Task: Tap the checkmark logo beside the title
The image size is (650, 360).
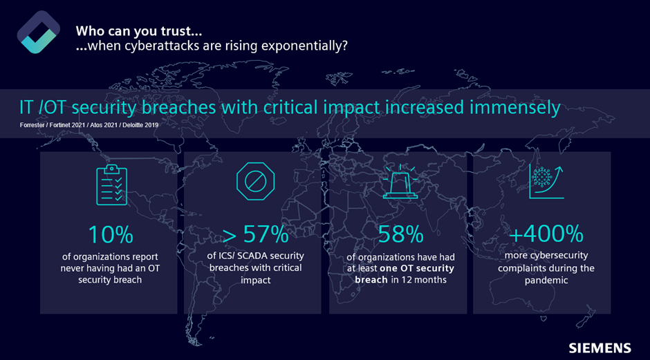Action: tap(38, 32)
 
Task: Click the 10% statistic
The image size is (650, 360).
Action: tap(111, 235)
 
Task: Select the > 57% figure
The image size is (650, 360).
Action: tap(256, 235)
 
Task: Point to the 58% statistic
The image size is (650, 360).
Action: tap(400, 235)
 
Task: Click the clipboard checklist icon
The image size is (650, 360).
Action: tap(111, 184)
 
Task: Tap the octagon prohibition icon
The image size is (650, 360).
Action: tap(255, 182)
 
